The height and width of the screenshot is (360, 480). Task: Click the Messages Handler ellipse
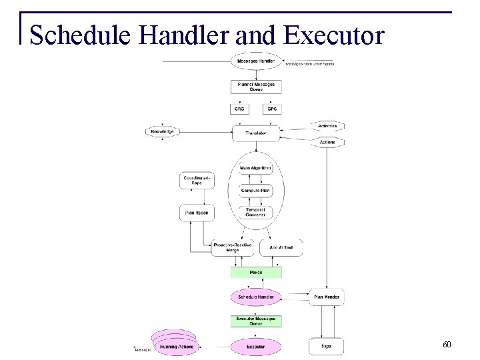coord(256,62)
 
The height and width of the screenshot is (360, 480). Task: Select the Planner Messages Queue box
coord(256,87)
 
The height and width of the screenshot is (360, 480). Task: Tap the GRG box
coord(240,108)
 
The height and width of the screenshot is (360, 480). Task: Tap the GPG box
coord(272,108)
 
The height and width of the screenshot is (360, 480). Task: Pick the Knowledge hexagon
coord(163,132)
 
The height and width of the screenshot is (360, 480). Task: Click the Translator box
coord(256,133)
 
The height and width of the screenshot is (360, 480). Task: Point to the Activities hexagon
coord(327,126)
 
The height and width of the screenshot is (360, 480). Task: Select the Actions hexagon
coord(327,142)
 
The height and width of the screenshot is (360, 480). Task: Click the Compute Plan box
coord(256,191)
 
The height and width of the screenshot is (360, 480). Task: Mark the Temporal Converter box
coord(256,213)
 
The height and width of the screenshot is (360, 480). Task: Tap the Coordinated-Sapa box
coord(196,181)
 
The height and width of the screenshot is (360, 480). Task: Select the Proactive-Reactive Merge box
coord(231,248)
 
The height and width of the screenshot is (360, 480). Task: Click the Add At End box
coord(281,248)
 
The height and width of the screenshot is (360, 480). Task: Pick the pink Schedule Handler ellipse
coord(256,297)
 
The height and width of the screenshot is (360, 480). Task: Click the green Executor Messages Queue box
coord(256,321)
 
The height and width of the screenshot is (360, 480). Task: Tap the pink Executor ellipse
coord(256,347)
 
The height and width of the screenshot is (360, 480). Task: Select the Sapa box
coord(326,347)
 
